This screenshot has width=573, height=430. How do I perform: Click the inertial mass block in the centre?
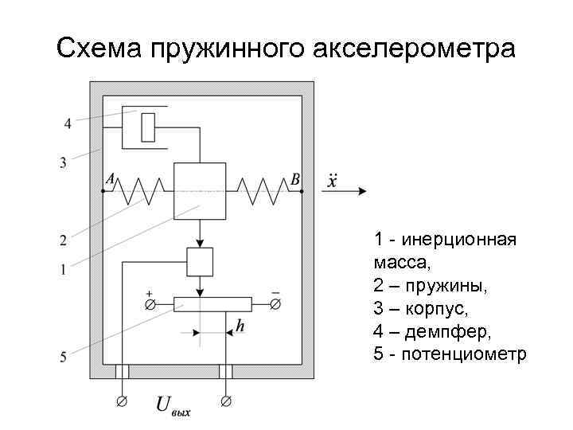click(x=200, y=190)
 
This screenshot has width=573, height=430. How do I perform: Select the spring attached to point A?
click(x=140, y=190)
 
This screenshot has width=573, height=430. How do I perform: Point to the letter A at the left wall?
click(x=110, y=179)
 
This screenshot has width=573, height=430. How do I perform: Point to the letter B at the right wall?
click(x=294, y=179)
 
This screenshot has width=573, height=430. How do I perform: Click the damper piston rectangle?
click(x=147, y=127)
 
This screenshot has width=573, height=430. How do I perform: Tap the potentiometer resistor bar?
click(x=212, y=304)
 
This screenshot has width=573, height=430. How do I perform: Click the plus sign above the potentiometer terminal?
click(x=149, y=293)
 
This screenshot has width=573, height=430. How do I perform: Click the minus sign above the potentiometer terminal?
click(x=275, y=293)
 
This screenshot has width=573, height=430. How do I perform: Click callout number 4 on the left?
click(x=68, y=123)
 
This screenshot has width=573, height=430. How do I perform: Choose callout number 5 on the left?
click(x=62, y=358)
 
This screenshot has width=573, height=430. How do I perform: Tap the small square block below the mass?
click(x=200, y=260)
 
